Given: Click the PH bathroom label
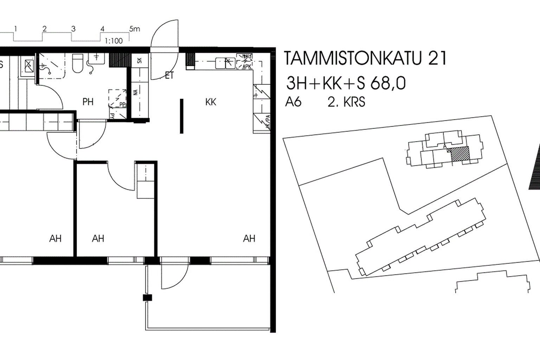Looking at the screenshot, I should tap(88, 102).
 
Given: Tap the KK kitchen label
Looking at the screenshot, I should tap(211, 102).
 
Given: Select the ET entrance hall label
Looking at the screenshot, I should tap(169, 76).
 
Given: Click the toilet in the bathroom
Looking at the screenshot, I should tap(77, 63).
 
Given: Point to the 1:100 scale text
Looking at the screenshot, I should tap(114, 41).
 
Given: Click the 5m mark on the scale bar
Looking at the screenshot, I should tap(134, 29).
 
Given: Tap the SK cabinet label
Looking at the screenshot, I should tap(140, 60).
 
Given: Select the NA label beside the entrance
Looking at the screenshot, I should tap(135, 92).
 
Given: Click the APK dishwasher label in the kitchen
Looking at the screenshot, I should tap(247, 66).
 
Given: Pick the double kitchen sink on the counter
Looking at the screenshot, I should tap(225, 63).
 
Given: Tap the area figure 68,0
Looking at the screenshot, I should tap(391, 84).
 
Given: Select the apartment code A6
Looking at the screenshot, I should tap(293, 102).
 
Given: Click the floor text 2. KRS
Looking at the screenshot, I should tap(346, 102).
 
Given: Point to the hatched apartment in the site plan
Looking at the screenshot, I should tap(460, 154).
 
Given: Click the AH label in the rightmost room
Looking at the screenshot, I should tap(249, 239).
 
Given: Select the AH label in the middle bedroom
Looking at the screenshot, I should tap(98, 239).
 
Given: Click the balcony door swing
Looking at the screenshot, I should tap(172, 278).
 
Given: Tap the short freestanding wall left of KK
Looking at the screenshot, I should tap(181, 116).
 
